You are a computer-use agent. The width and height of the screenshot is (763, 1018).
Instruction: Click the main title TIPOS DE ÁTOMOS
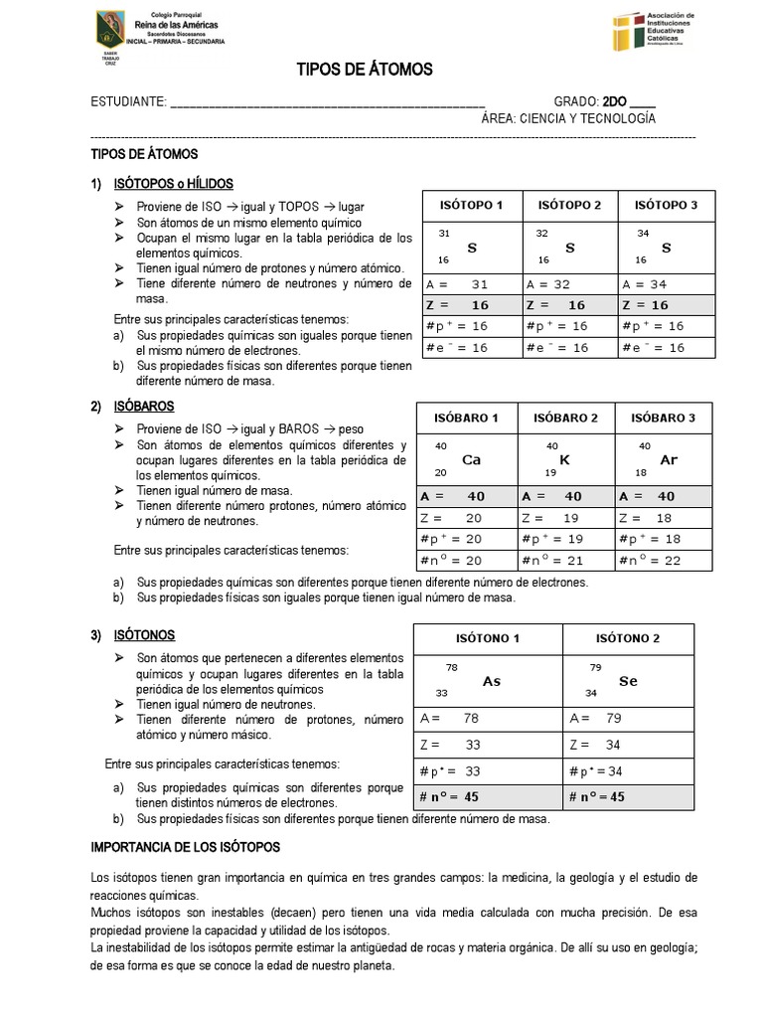coord(365,69)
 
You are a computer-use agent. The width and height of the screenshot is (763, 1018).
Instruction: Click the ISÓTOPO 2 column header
coord(569,206)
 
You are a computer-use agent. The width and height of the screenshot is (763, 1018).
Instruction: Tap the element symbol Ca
coord(472,460)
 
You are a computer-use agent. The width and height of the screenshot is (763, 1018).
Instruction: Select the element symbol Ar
coord(669,460)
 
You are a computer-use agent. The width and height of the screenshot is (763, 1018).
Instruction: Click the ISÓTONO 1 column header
coord(487,638)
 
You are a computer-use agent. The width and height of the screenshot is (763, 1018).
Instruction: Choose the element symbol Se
coord(628,682)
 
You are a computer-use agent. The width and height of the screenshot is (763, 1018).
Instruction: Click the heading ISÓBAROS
coord(145,407)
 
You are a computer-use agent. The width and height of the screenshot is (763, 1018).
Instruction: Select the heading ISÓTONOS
coord(146,634)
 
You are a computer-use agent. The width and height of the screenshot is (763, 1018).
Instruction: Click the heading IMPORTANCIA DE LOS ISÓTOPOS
coord(186,847)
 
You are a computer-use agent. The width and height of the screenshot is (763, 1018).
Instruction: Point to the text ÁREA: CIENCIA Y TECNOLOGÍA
coord(568,118)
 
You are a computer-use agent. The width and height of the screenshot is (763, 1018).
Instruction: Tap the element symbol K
coord(564,460)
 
